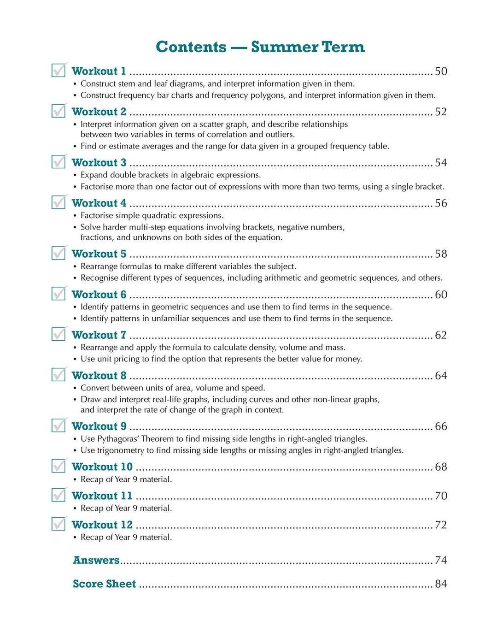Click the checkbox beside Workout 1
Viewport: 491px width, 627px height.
58,71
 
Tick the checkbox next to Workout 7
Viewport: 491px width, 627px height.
58,334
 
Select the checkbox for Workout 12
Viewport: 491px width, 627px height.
58,524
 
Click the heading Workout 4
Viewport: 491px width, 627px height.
99,203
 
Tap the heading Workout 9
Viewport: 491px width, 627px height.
99,426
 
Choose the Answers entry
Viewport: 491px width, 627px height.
96,560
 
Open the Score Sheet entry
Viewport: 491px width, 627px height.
105,584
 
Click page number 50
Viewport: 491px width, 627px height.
441,71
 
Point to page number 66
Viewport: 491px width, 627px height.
441,426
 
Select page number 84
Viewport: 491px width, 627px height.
441,584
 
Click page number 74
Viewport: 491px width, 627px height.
441,560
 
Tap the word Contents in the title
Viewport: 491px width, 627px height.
191,47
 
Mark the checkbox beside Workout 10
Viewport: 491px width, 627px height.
58,466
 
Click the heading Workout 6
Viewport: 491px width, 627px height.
99,295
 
